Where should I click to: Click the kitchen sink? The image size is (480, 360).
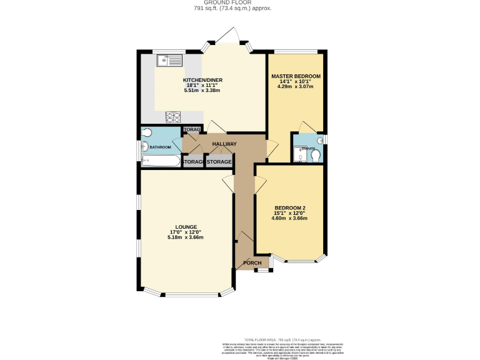click(169, 61)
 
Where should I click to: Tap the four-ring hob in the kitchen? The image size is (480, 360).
click(173, 116)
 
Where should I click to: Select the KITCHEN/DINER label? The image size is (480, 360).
click(202, 81)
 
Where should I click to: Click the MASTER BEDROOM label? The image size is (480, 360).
click(296, 76)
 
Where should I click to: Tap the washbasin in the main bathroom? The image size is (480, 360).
click(143, 147)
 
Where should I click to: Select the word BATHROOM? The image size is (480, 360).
click(159, 147)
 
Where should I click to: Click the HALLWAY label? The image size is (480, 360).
click(224, 144)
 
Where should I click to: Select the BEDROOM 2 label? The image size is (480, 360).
click(290, 208)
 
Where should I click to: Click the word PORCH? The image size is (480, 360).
click(252, 262)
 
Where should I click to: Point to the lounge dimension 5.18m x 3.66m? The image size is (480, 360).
click(186, 237)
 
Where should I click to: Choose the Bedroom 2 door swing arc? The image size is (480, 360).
click(261, 184)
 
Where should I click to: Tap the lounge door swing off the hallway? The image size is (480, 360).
click(228, 184)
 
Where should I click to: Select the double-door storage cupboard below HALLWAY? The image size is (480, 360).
click(219, 162)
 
